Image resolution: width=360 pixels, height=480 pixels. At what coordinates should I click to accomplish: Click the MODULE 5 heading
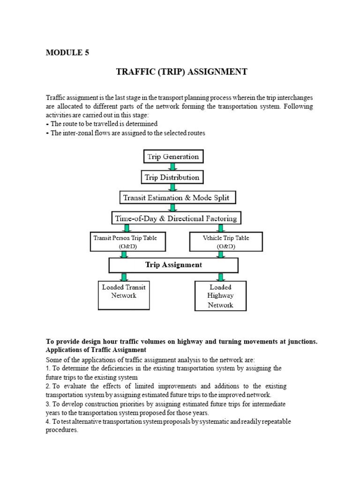click(x=67, y=52)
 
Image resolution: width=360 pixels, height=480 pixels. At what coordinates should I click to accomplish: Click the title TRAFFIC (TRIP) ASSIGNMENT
click(x=181, y=72)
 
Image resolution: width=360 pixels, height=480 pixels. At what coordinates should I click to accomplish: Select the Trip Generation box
click(x=173, y=157)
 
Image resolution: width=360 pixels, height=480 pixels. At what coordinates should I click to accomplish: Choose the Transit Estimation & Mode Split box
click(x=176, y=197)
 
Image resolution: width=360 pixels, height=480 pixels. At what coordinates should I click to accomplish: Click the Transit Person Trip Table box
click(x=125, y=242)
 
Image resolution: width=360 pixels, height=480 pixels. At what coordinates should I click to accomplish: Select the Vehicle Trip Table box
click(x=226, y=242)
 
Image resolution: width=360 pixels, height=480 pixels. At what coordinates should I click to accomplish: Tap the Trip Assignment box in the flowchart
click(x=173, y=265)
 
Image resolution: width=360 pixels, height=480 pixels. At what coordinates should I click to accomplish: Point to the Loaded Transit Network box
click(x=124, y=292)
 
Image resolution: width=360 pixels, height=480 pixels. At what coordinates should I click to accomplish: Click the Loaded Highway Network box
click(x=220, y=296)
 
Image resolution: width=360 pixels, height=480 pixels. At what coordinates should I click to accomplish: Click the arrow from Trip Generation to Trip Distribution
click(x=173, y=167)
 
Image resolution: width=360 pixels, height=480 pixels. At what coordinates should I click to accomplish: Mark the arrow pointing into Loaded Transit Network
click(x=124, y=277)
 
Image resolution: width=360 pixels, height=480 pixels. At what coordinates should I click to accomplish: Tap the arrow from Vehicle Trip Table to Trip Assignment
click(x=220, y=255)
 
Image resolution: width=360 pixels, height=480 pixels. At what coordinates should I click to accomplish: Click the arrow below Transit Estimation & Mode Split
click(x=173, y=208)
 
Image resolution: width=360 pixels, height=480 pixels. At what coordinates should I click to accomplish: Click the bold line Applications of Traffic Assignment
click(x=96, y=350)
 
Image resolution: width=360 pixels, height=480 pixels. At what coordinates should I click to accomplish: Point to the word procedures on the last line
click(x=62, y=430)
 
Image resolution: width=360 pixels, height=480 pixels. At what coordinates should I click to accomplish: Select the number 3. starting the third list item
click(x=48, y=404)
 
